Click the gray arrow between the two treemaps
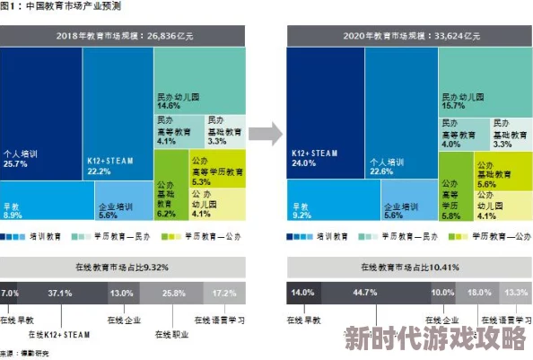(x=266, y=135)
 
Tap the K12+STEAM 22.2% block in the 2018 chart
(x=118, y=135)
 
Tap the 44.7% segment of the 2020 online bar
(x=375, y=294)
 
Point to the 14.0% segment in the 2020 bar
(x=303, y=294)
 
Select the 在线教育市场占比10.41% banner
(x=409, y=268)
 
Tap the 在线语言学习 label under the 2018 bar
(x=224, y=320)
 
